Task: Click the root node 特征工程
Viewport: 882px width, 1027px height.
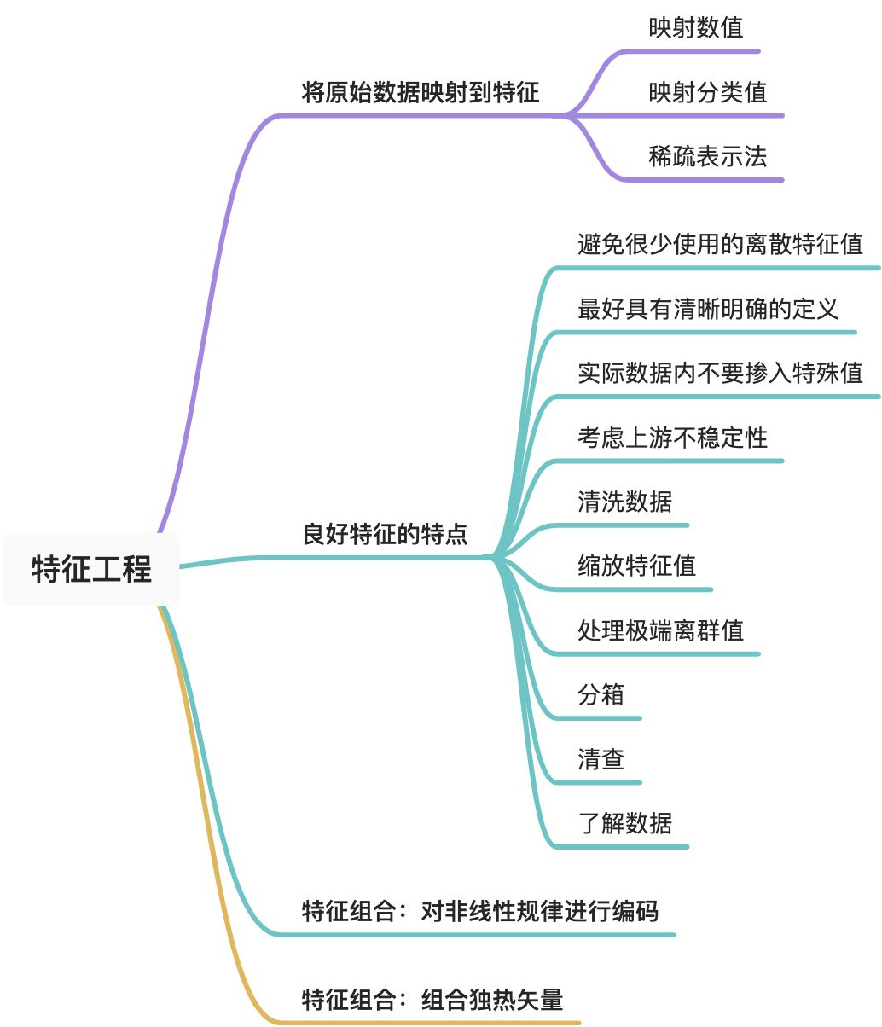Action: click(91, 569)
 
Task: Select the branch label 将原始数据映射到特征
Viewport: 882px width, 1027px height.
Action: click(421, 92)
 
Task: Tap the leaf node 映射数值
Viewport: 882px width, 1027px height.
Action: click(695, 27)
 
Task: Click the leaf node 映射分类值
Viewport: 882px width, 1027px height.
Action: click(707, 92)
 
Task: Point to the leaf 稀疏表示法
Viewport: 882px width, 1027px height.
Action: click(707, 156)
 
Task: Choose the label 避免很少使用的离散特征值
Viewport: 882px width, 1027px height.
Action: click(720, 245)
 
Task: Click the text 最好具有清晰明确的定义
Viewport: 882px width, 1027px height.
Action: click(708, 309)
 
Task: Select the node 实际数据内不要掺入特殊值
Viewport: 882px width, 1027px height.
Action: click(720, 373)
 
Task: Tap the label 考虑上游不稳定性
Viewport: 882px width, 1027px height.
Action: click(672, 438)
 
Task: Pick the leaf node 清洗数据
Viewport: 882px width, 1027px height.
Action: click(624, 502)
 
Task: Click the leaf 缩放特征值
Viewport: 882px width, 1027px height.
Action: click(636, 566)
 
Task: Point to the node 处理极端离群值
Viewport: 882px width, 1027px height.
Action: click(660, 630)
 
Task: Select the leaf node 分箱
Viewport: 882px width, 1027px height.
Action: click(601, 694)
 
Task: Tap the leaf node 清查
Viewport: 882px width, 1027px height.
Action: click(601, 758)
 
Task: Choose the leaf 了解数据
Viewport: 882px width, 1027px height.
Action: click(624, 823)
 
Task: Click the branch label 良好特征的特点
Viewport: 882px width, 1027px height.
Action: click(385, 535)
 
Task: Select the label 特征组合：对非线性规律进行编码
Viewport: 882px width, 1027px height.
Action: click(479, 911)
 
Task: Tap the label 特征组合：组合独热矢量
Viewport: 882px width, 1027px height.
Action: click(432, 999)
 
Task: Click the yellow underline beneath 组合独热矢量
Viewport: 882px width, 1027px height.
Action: click(444, 1022)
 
